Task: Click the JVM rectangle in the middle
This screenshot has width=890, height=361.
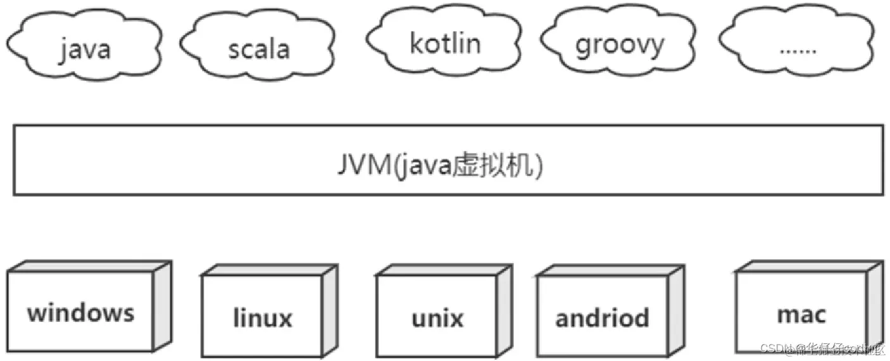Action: tap(190, 160)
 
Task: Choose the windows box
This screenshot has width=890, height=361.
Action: tap(80, 312)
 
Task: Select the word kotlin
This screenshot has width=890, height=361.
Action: tap(445, 44)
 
